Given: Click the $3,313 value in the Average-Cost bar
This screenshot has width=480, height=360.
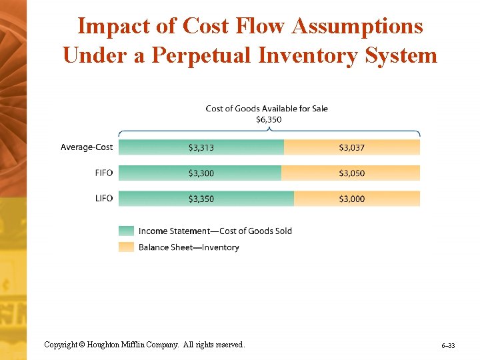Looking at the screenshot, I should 201,147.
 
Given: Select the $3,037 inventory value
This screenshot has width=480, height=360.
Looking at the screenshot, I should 352,147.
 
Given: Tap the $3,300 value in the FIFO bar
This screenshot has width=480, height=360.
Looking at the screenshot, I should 201,173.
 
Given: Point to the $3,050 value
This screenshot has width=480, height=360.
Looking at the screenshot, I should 352,173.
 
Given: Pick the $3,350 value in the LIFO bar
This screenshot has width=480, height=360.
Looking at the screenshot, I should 201,199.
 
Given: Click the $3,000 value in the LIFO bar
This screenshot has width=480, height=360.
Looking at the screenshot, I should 352,199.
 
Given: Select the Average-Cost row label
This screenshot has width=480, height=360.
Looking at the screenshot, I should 87,147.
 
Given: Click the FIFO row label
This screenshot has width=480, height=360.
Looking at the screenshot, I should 104,173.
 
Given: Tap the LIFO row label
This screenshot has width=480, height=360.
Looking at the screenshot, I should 104,199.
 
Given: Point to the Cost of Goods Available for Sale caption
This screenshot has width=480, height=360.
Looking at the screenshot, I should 267,109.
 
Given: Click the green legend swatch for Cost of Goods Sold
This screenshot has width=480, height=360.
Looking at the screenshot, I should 126,231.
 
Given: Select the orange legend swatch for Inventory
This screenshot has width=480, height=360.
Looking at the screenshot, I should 126,247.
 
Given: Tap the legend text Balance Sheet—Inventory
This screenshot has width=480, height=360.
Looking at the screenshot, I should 189,247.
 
